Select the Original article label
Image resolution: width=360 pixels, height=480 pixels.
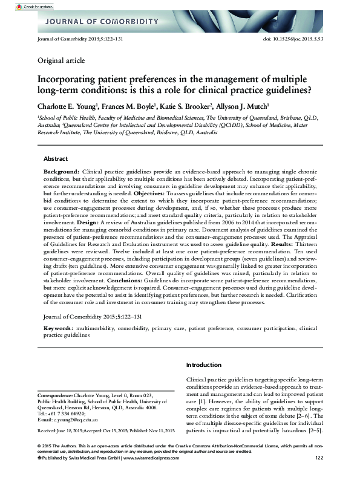[61, 60]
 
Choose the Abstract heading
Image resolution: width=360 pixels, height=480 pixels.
[56, 159]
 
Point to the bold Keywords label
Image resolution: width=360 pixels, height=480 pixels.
[58, 328]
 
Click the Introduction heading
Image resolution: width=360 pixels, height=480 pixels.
[204, 365]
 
